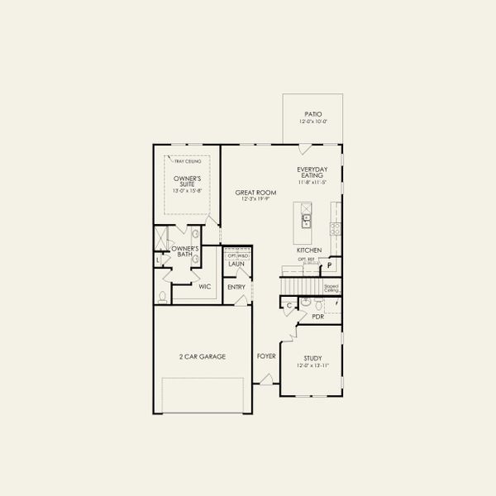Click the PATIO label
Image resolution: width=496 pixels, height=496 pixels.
click(312, 114)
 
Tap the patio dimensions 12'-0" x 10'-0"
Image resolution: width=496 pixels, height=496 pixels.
click(312, 122)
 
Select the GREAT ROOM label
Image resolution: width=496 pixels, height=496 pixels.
click(255, 192)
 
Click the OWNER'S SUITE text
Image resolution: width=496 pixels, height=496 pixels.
click(188, 182)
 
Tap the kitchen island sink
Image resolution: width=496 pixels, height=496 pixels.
click(306, 220)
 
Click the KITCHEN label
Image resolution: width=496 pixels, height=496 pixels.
click(309, 250)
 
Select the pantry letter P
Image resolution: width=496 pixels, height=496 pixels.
click(329, 265)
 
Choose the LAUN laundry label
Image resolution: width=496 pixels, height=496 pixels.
click(237, 265)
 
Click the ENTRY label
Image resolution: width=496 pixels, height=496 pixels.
click(237, 288)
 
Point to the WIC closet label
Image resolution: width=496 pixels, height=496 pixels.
click(205, 287)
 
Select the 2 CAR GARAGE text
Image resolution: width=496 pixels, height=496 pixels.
click(203, 356)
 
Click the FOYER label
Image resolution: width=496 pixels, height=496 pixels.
click(265, 356)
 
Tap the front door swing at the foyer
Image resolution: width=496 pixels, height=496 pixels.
click(266, 379)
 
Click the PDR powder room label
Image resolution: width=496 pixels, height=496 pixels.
click(317, 317)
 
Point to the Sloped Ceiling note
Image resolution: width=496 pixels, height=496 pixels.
click(331, 289)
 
